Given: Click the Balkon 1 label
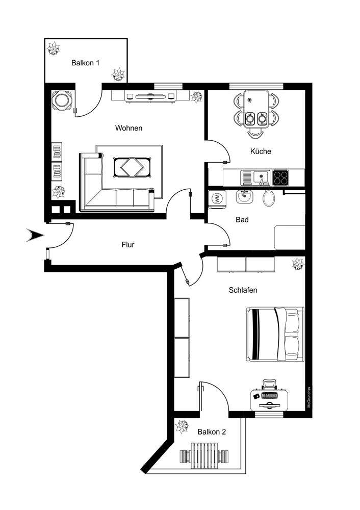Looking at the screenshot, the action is [85, 63].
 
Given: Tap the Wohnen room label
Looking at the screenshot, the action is [128, 128].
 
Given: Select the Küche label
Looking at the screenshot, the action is [261, 151].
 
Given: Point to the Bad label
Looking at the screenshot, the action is [242, 220].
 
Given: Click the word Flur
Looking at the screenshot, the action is [128, 245].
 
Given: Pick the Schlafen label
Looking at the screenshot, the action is [243, 290].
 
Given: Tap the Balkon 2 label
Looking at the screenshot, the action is [212, 431].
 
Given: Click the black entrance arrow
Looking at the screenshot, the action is [36, 235].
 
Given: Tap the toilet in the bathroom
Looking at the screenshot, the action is [269, 198].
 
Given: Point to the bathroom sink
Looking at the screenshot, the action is [244, 196].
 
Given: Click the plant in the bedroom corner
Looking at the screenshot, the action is [297, 264].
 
